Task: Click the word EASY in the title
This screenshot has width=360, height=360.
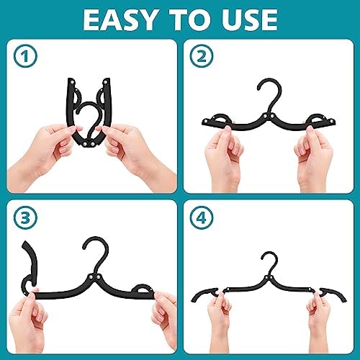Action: [x=122, y=19]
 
